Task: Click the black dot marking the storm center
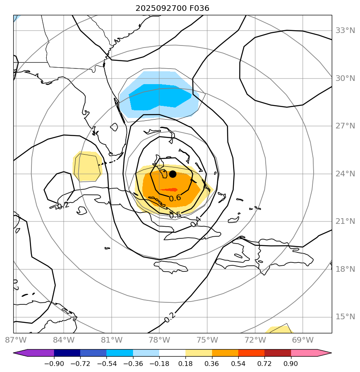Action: point(173,174)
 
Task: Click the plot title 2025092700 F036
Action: point(172,8)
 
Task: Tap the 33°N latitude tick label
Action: point(345,31)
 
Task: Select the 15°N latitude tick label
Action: point(345,317)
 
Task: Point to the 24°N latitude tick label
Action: point(345,174)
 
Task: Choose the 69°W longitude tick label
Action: point(303,340)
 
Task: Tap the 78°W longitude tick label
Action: point(159,340)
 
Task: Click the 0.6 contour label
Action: point(175,198)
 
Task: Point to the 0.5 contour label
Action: point(175,215)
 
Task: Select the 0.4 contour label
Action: point(196,221)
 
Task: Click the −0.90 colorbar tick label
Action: point(54,364)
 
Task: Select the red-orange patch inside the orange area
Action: point(169,190)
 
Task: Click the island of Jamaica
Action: point(171,267)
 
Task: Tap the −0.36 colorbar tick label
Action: point(133,364)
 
